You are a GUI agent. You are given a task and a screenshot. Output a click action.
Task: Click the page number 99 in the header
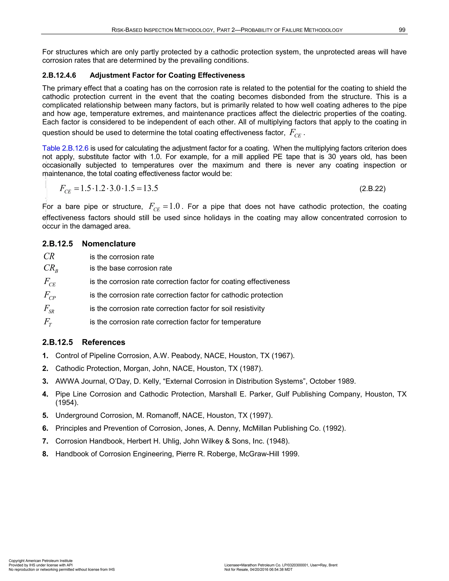402,30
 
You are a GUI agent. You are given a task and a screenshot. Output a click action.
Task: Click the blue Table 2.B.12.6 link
65,148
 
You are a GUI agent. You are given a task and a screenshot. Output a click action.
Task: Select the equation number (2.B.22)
372,189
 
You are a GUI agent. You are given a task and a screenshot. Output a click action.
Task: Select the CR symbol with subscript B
51,268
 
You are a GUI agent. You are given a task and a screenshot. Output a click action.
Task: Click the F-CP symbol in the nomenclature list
50,296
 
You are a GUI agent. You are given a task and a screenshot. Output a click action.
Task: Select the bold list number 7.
45,441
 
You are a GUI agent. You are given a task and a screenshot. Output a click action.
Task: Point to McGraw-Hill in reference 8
256,454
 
